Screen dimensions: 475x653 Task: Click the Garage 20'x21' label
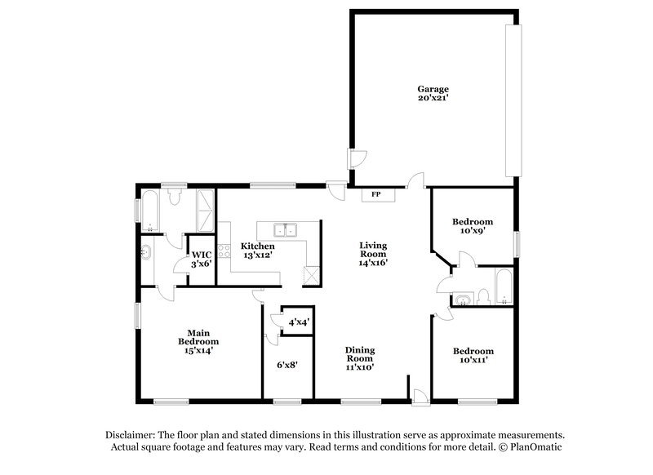[433, 93]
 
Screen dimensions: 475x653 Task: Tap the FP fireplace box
[376, 195]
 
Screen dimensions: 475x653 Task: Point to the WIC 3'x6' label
[202, 259]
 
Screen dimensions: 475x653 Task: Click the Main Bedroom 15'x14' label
[194, 341]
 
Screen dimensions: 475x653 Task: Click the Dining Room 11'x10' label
[360, 358]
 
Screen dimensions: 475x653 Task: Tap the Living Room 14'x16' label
[372, 254]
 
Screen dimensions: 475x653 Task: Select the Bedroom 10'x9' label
[473, 227]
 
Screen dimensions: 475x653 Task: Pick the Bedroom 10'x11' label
[473, 356]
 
